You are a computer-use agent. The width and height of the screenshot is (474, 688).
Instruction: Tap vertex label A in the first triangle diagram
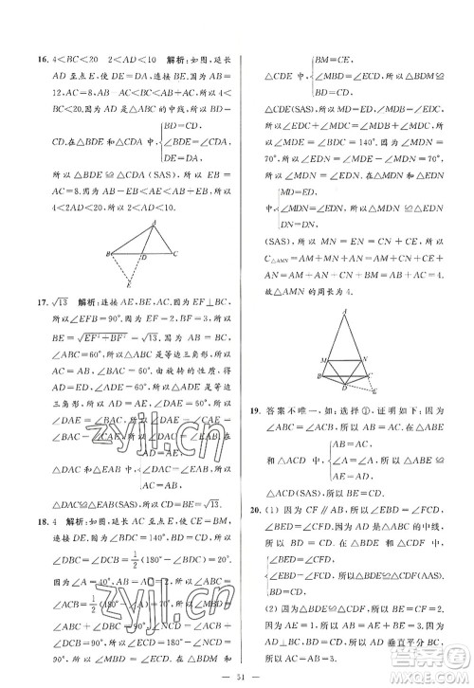click(x=156, y=223)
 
